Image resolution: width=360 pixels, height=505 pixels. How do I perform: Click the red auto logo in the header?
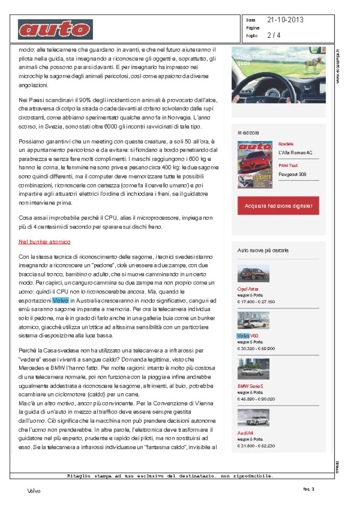click(x=56, y=30)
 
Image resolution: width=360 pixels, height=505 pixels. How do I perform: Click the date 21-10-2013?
click(x=285, y=20)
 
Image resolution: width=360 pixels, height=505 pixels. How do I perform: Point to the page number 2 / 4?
click(x=274, y=35)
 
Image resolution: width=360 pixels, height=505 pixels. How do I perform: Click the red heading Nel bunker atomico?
click(x=44, y=242)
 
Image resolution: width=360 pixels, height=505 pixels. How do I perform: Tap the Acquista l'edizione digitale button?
click(x=278, y=206)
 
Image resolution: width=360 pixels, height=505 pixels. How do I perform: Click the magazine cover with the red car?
click(x=255, y=165)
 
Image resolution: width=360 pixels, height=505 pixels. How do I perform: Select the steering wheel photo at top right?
click(x=279, y=75)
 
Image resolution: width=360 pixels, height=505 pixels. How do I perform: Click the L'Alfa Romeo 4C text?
click(x=295, y=153)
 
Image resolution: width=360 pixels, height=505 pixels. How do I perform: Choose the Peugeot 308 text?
click(x=292, y=174)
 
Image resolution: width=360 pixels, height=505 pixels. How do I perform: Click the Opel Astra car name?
click(x=248, y=289)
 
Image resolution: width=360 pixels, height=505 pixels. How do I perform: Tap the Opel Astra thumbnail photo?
click(x=253, y=273)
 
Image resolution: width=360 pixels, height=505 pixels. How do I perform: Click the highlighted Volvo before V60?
click(x=243, y=336)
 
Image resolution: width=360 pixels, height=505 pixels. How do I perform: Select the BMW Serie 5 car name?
click(x=250, y=386)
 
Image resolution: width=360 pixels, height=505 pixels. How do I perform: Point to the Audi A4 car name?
click(x=245, y=433)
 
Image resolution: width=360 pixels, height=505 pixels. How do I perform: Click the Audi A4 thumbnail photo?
click(x=253, y=418)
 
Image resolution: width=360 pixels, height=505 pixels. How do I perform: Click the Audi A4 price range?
click(x=256, y=446)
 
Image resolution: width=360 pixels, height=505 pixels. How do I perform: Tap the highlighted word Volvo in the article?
click(x=61, y=300)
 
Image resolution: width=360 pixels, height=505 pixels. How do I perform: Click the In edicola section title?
click(x=248, y=133)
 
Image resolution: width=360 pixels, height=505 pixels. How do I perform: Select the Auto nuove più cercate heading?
click(x=263, y=250)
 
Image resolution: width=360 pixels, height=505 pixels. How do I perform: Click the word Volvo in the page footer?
click(x=34, y=491)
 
